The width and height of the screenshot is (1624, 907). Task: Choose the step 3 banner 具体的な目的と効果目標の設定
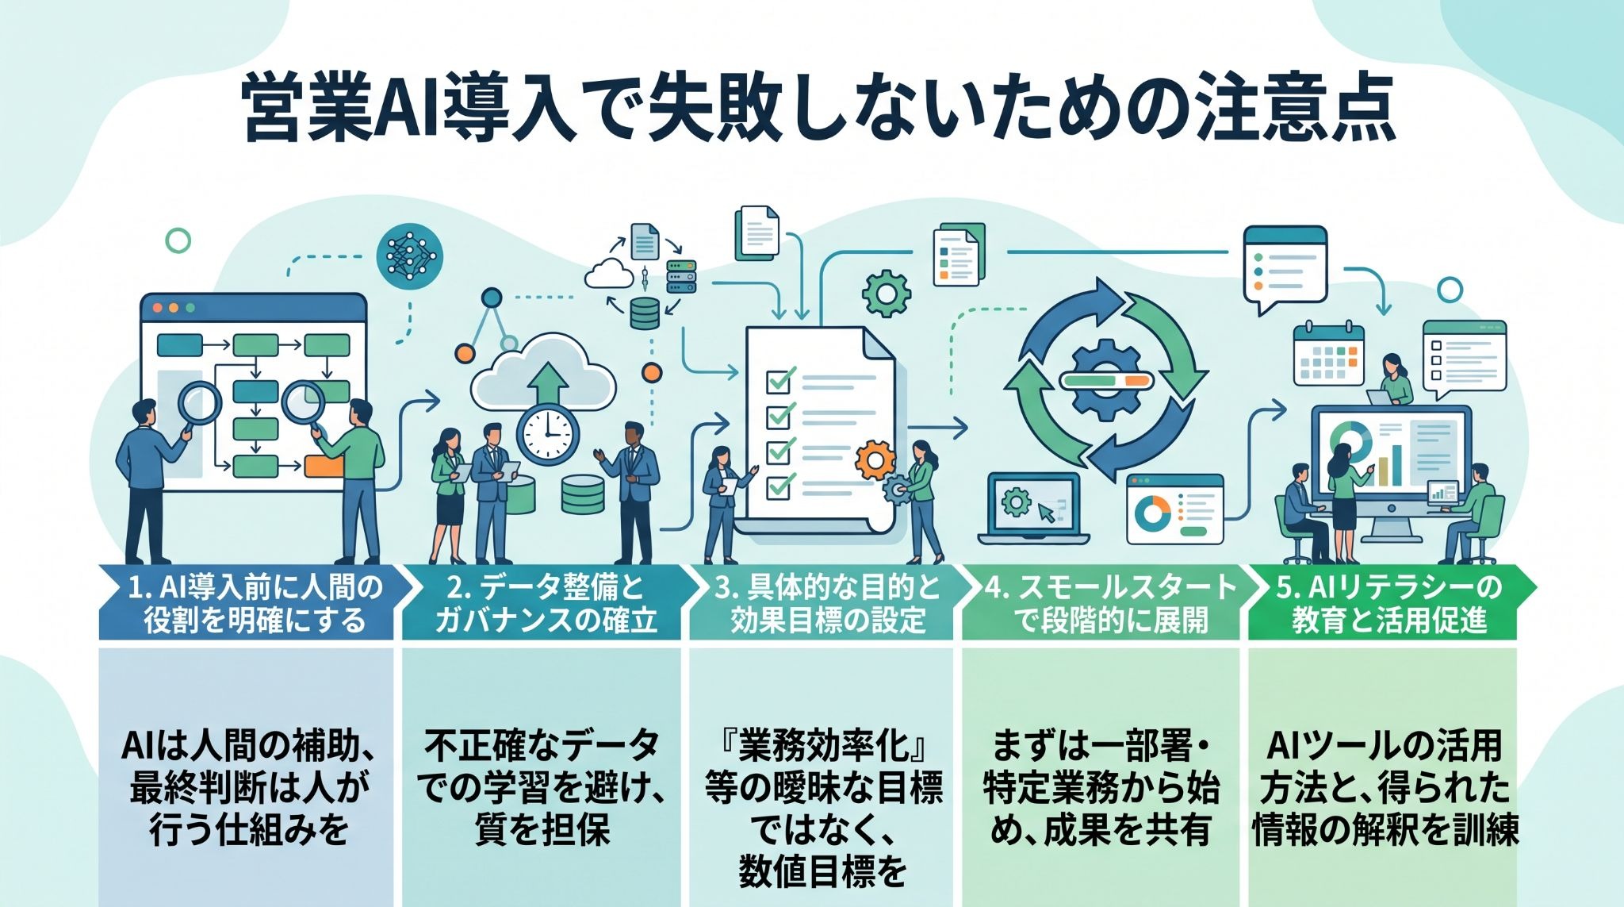829,602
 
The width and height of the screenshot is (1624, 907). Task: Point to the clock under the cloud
547,436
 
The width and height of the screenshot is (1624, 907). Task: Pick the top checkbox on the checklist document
779,380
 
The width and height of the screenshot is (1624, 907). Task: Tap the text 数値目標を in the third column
823,871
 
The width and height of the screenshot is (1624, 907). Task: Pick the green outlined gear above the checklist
886,294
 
